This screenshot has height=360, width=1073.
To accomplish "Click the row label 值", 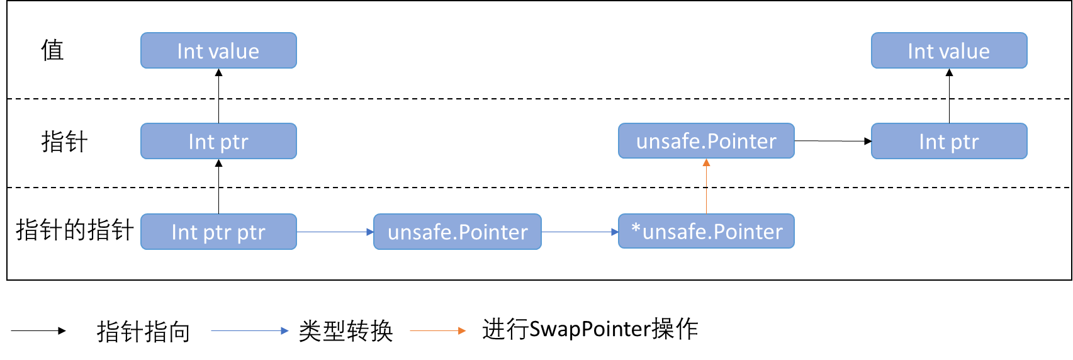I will pyautogui.click(x=53, y=50).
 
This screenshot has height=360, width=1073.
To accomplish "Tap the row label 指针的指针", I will pyautogui.click(x=74, y=230).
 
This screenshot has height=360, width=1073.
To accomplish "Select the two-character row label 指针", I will pyautogui.click(x=64, y=142).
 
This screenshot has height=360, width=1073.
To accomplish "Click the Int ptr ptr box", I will pyautogui.click(x=218, y=232).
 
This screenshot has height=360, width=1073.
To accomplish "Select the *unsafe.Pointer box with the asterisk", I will pyautogui.click(x=706, y=232).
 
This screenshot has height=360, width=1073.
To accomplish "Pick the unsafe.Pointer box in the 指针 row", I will pyautogui.click(x=706, y=141).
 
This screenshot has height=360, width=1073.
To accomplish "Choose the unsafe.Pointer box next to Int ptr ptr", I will pyautogui.click(x=458, y=232).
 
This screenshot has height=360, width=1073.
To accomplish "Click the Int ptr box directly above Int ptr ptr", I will pyautogui.click(x=218, y=141).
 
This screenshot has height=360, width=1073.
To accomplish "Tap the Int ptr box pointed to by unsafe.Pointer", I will pyautogui.click(x=949, y=141).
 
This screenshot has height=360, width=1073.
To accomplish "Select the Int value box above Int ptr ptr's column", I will pyautogui.click(x=218, y=50).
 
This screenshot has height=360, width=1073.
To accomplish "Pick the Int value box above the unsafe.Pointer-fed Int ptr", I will pyautogui.click(x=949, y=50).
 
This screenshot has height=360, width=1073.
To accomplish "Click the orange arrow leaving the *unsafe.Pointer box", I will pyautogui.click(x=706, y=186).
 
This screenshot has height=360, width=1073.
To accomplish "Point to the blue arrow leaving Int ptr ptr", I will pyautogui.click(x=335, y=232).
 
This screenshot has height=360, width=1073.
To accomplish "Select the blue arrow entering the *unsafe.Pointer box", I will pyautogui.click(x=580, y=232).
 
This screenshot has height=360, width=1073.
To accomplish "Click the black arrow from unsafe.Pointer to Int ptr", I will pyautogui.click(x=833, y=141).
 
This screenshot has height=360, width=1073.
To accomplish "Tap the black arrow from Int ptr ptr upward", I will pyautogui.click(x=218, y=186).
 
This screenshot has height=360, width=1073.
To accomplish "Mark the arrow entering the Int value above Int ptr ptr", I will pyautogui.click(x=218, y=96).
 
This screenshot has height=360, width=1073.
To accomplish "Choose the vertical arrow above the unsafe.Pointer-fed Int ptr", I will pyautogui.click(x=949, y=96).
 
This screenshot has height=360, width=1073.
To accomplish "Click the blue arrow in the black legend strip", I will pyautogui.click(x=250, y=330).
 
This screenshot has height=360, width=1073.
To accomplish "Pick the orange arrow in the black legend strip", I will pyautogui.click(x=438, y=330).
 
